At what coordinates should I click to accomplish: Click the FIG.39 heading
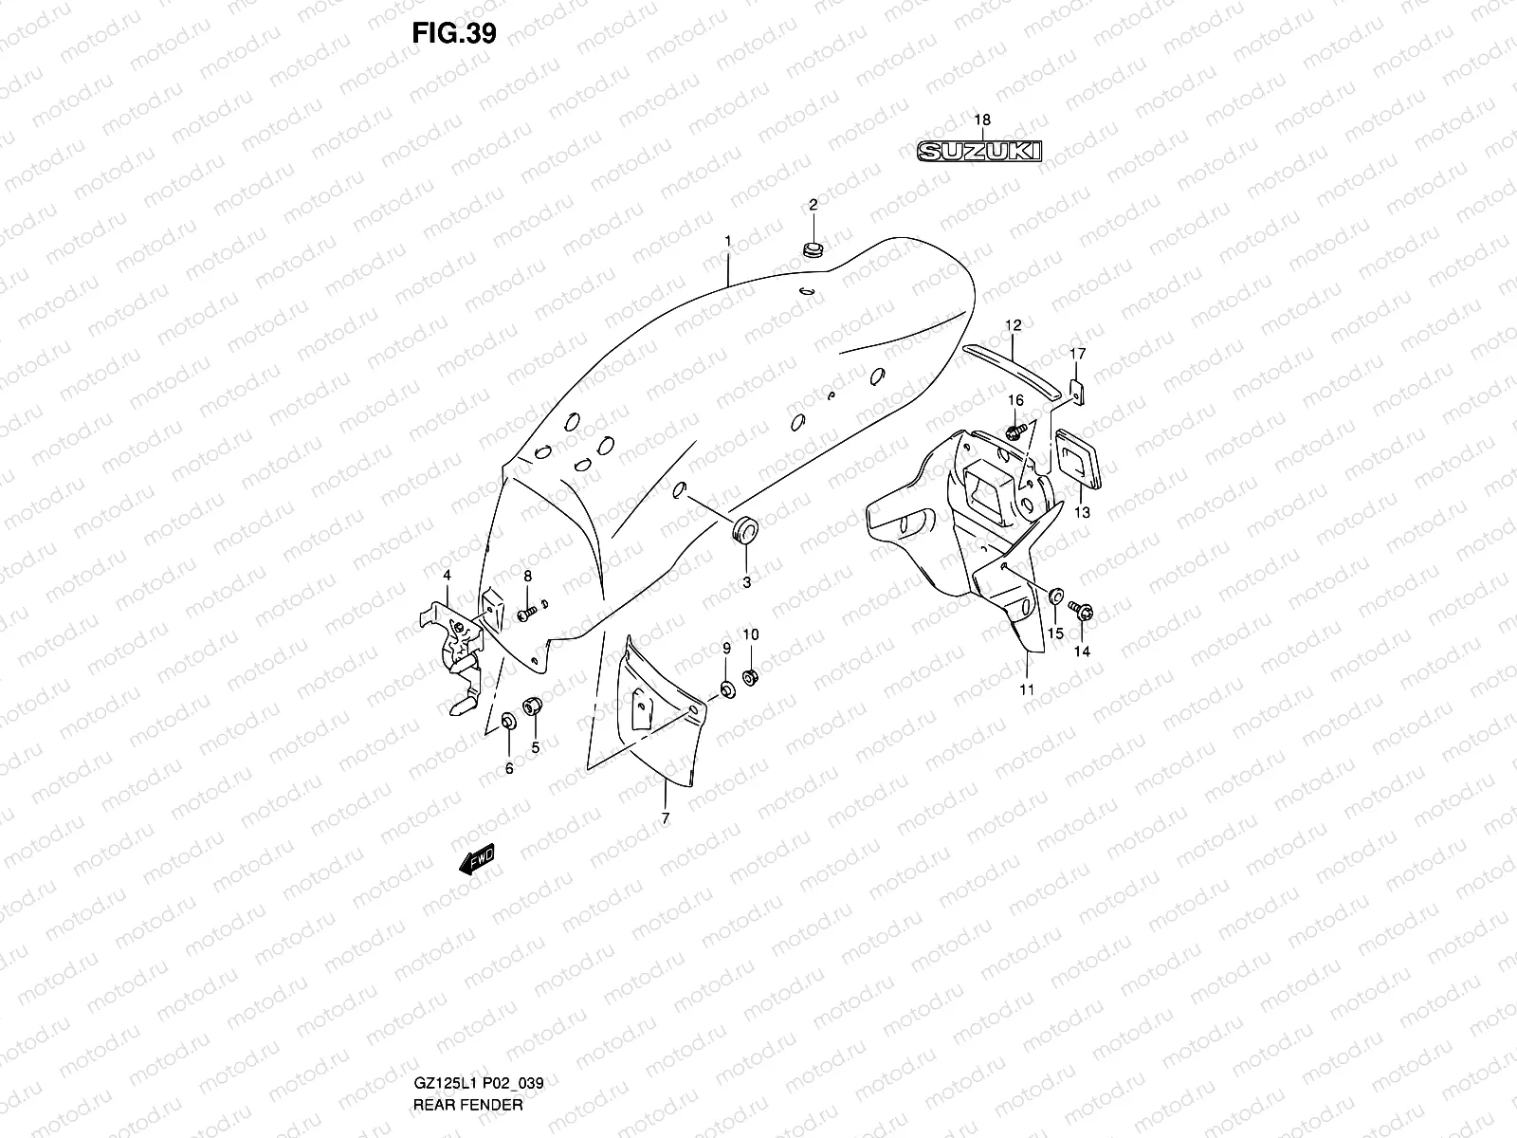(x=453, y=32)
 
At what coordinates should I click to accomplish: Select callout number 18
(x=982, y=119)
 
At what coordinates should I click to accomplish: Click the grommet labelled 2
(x=813, y=250)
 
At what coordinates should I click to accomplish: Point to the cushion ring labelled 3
(x=746, y=531)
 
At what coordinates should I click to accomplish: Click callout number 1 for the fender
(x=727, y=242)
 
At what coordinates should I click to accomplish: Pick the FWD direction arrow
(x=476, y=858)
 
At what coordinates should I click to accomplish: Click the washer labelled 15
(x=1055, y=598)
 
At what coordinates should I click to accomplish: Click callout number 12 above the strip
(x=1013, y=325)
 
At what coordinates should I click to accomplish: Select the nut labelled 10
(x=750, y=677)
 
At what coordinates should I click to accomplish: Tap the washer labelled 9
(x=726, y=688)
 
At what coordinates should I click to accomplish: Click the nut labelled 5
(x=533, y=706)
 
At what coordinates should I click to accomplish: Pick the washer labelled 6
(x=507, y=724)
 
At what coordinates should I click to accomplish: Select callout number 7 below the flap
(x=665, y=817)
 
